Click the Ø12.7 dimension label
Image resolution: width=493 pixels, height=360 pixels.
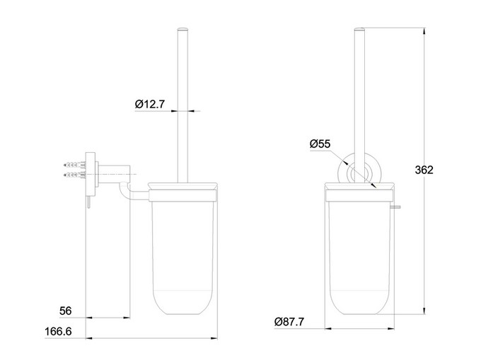click(150, 104)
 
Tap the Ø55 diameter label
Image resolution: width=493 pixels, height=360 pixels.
click(320, 144)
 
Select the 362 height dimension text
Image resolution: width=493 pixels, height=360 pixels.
click(424, 170)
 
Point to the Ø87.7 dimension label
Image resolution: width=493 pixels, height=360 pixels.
click(289, 322)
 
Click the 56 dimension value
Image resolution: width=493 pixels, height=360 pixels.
click(65, 310)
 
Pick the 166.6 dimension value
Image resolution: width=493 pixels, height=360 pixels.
click(58, 331)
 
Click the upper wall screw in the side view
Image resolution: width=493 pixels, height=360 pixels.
click(74, 164)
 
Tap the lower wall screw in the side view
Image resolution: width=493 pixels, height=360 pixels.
click(74, 174)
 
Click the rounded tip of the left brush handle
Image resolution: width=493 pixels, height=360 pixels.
click(182, 29)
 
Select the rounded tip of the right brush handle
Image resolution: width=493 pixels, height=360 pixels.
click(359, 29)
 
